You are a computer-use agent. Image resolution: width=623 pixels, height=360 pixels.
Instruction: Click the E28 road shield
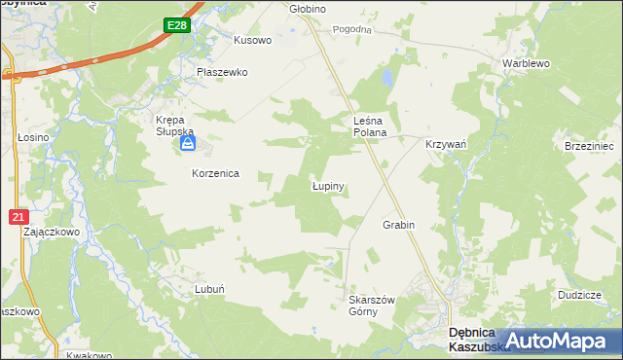click(176, 26)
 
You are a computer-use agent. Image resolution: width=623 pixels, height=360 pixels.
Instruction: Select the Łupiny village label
click(329, 184)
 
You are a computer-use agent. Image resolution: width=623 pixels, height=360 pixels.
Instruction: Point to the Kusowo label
click(252, 41)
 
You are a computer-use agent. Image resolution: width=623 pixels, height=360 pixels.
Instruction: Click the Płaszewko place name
click(222, 72)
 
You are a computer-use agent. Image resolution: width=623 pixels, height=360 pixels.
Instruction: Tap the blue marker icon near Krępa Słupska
click(187, 145)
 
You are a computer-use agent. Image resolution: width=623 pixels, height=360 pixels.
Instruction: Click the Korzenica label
click(214, 172)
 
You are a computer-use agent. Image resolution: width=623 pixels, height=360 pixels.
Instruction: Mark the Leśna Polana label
click(370, 126)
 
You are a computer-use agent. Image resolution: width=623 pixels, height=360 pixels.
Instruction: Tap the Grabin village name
click(398, 225)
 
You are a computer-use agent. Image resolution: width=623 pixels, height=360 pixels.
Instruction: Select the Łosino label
click(33, 138)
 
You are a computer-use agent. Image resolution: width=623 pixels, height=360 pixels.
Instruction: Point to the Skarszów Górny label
click(371, 306)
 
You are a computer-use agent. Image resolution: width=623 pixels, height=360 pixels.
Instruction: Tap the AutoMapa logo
click(555, 341)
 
